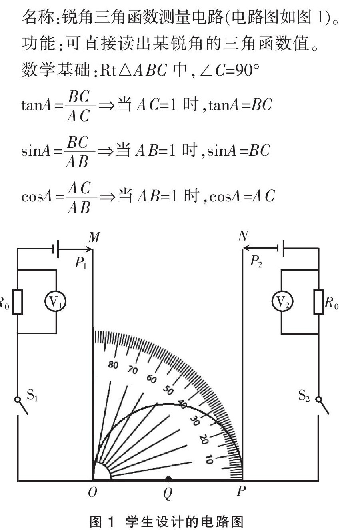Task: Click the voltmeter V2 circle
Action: coord(282,302)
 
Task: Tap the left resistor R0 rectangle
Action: coord(17,301)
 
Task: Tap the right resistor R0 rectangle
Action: coord(318,301)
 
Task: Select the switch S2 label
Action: coord(304,396)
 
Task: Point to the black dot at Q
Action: coord(168,479)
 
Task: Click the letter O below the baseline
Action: coord(92,492)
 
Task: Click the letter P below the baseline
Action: coord(241,491)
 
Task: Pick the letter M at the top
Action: coord(94,238)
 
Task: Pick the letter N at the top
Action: coord(243,237)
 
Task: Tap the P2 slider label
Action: coord(256,262)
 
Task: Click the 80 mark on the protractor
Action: coord(113,365)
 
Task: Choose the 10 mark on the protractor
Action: coord(208,459)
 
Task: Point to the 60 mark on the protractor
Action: coord(151,378)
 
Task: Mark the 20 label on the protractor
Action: coord(203,439)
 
